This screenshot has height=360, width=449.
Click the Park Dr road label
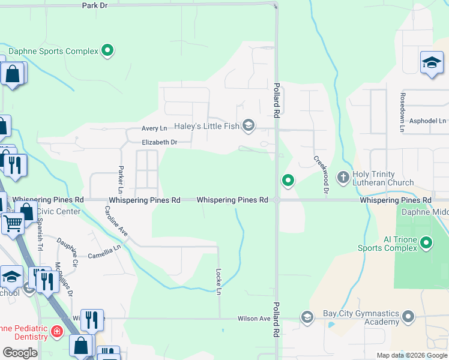click(x=95, y=5)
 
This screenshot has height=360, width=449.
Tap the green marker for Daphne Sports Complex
click(x=107, y=51)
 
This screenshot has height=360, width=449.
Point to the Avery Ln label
click(x=154, y=128)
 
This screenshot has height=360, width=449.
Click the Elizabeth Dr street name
click(x=159, y=142)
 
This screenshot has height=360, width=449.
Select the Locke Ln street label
click(x=219, y=281)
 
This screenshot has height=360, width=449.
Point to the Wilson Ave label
click(x=254, y=319)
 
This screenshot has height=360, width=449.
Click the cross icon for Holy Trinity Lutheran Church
click(x=343, y=177)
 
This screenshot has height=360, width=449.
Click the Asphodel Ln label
click(x=428, y=121)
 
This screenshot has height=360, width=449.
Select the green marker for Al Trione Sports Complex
click(x=426, y=243)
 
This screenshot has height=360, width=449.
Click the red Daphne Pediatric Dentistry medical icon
click(x=57, y=331)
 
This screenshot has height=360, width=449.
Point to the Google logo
click(x=20, y=353)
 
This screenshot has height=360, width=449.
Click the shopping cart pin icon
click(x=13, y=223)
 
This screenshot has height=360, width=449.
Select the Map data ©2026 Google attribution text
click(x=411, y=355)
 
